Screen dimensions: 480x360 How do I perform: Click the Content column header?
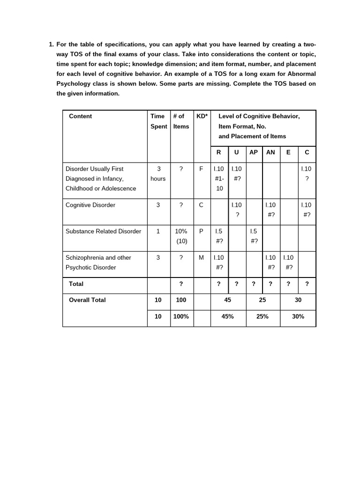[80, 116]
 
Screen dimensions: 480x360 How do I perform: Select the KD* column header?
[202, 116]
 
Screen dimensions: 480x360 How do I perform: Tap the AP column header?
[254, 152]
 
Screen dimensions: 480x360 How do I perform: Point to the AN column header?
[271, 152]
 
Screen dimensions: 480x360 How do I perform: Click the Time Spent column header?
[158, 121]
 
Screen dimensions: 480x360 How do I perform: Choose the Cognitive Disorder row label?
[90, 205]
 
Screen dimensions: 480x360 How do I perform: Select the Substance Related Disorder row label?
[103, 231]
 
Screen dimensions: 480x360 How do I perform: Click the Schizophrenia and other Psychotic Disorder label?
[98, 262]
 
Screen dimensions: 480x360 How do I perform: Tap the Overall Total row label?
[87, 300]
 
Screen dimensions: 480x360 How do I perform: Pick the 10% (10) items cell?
[181, 236]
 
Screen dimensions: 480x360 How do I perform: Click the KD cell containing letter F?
[201, 169]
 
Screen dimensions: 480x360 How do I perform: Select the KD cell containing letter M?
[201, 257]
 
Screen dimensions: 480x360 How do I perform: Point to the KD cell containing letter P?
[201, 231]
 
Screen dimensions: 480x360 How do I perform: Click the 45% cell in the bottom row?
[227, 316]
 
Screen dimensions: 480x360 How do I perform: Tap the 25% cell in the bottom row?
[262, 316]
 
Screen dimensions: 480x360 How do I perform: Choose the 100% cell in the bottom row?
[181, 316]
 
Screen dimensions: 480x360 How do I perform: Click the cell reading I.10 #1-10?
[219, 179]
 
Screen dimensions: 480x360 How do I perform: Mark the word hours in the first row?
[158, 179]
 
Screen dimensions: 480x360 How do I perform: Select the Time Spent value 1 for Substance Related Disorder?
[158, 231]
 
